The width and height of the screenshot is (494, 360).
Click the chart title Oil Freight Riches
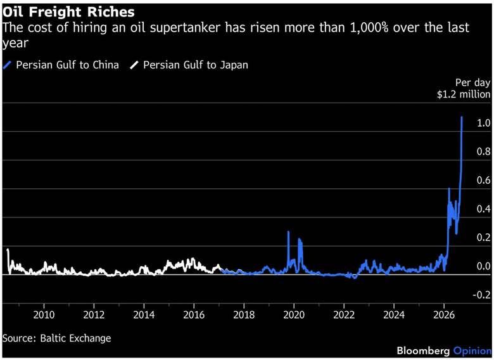[68, 12]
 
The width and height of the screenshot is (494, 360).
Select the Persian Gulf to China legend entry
[61, 65]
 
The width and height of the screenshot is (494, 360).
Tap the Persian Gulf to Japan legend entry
[189, 65]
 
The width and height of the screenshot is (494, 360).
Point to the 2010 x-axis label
[44, 314]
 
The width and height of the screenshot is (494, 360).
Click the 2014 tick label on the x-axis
[144, 314]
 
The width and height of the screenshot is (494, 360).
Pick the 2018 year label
[244, 314]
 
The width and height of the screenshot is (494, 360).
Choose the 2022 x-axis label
[344, 314]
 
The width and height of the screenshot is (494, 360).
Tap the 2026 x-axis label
[444, 314]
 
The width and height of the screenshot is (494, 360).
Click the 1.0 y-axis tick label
[484, 123]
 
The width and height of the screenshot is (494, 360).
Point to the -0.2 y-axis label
[482, 295]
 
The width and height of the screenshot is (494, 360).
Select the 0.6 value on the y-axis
[484, 180]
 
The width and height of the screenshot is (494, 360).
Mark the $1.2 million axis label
[464, 94]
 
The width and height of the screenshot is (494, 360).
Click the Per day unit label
[473, 82]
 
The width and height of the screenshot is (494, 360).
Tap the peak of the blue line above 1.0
[462, 117]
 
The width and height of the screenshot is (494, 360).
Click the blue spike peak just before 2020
[288, 232]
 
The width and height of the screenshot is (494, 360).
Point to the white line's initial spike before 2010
[8, 250]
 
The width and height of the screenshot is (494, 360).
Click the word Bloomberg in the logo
[423, 350]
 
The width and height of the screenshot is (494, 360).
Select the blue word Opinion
[472, 351]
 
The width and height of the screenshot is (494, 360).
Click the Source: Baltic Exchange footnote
[57, 338]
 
